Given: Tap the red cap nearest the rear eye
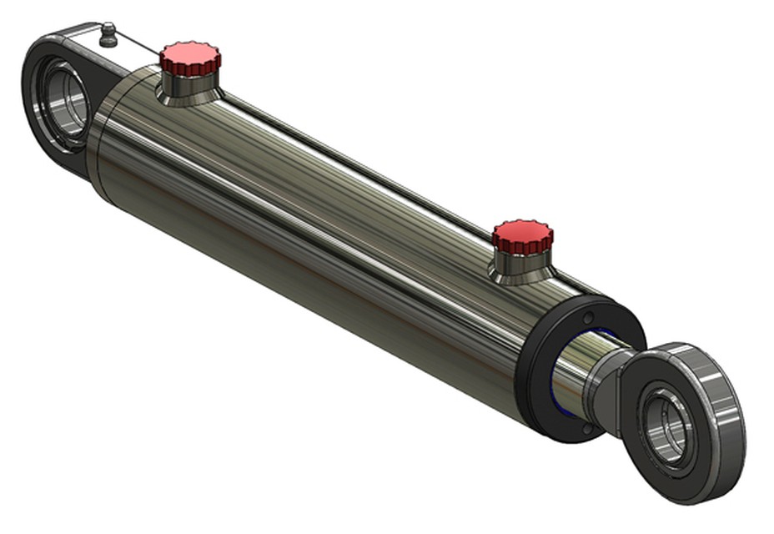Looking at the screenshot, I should (x=190, y=58).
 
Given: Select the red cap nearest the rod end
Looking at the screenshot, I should (x=522, y=236).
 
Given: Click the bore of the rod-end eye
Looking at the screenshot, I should (x=667, y=426).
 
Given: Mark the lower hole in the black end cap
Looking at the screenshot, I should (x=587, y=427).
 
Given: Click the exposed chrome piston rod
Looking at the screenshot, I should (x=575, y=367).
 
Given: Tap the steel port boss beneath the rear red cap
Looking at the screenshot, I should (x=190, y=88).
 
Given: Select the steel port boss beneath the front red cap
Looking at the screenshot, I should (x=520, y=267).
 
